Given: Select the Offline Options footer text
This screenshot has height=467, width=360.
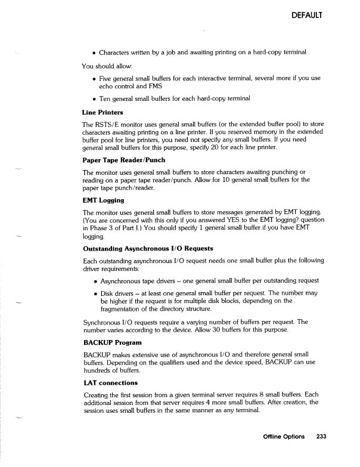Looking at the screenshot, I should pyautogui.click(x=284, y=453).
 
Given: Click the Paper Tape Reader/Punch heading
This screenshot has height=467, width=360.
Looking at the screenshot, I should pyautogui.click(x=125, y=160).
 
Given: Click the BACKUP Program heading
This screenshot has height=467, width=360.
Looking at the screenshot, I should pyautogui.click(x=111, y=343).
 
